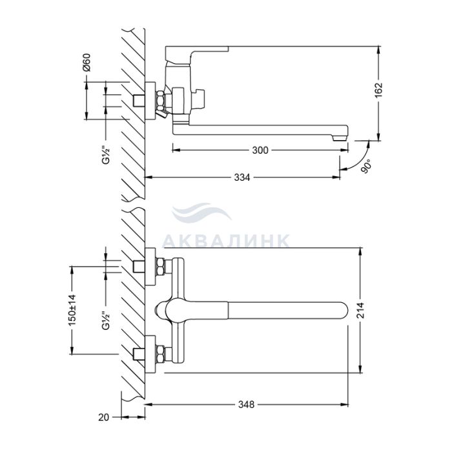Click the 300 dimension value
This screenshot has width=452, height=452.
click(x=260, y=150)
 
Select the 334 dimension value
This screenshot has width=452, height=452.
click(x=242, y=178)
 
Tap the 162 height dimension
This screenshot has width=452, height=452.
click(x=378, y=90)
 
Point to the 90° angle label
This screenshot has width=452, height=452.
click(x=366, y=167)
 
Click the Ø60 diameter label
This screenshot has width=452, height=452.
click(x=87, y=62)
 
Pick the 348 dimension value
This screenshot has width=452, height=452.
click(x=246, y=405)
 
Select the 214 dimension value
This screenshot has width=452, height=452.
click(x=360, y=311)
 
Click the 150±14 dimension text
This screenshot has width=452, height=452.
click(x=72, y=310)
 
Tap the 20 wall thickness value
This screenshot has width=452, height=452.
click(x=104, y=417)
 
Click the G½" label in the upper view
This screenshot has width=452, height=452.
click(x=106, y=155)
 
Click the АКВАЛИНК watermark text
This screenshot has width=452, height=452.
click(x=226, y=241)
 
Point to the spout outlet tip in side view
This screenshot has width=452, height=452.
click(x=339, y=138)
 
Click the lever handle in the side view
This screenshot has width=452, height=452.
click(x=196, y=54)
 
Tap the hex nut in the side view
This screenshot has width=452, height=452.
click(x=160, y=101)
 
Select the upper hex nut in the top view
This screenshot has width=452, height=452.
click(x=160, y=267)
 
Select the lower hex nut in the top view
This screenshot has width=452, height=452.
click(x=160, y=354)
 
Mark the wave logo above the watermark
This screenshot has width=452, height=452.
click(x=201, y=212)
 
